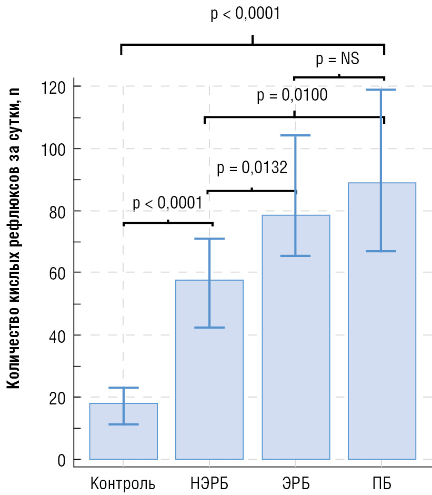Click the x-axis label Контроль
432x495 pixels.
tap(123, 482)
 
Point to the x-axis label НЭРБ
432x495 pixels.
tap(209, 482)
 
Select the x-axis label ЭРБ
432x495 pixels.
tap(295, 482)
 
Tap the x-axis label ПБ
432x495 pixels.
tap(381, 482)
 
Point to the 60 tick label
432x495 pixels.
tap(58, 273)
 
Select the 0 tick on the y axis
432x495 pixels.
tap(62, 460)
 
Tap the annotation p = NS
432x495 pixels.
tap(337, 59)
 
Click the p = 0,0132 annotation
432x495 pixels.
tap(252, 169)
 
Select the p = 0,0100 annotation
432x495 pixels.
tap(292, 96)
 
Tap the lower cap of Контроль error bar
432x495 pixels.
tap(123, 424)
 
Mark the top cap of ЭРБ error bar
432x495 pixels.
tap(295, 136)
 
